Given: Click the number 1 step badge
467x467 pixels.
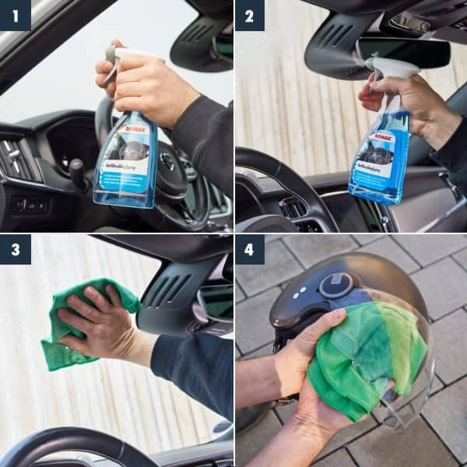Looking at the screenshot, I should coord(15,15).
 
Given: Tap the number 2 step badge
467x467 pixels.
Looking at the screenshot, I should coord(250,15).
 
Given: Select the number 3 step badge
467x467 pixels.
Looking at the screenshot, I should coord(15,250).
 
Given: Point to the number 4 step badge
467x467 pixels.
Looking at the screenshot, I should coord(250,250).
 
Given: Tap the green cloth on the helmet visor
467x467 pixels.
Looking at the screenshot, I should coord(366,366).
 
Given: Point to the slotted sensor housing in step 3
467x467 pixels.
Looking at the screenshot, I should coord(167,292).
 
